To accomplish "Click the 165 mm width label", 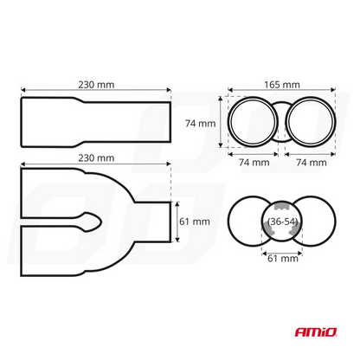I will (280, 86).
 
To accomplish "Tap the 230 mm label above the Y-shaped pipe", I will (95, 158).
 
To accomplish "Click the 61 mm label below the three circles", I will (280, 258).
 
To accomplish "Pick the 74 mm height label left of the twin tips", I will (201, 124).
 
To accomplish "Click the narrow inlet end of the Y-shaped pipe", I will (156, 222).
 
